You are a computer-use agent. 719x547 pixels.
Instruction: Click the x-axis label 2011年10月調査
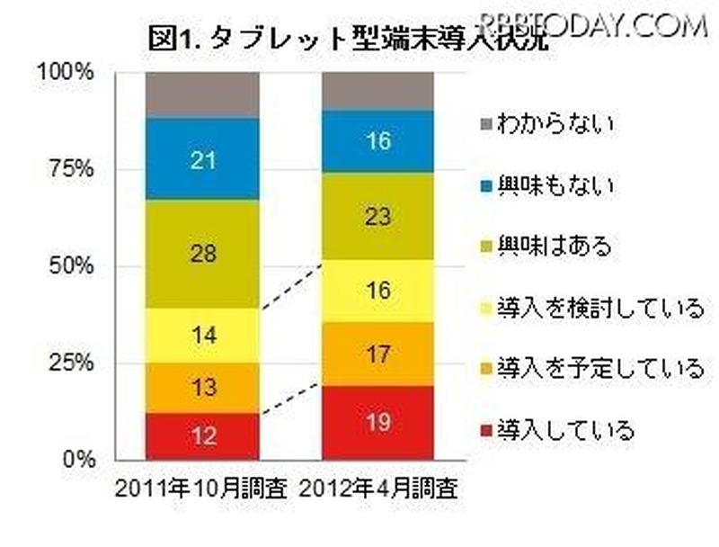click(x=201, y=490)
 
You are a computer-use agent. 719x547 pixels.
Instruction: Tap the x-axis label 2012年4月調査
click(x=378, y=490)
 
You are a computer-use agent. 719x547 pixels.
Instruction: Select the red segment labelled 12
click(x=202, y=436)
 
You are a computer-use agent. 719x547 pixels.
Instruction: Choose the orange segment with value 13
click(x=202, y=388)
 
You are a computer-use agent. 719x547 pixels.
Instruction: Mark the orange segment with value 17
click(x=378, y=354)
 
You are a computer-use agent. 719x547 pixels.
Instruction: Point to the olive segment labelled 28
click(x=202, y=254)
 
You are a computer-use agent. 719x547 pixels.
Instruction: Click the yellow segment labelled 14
click(x=202, y=336)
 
